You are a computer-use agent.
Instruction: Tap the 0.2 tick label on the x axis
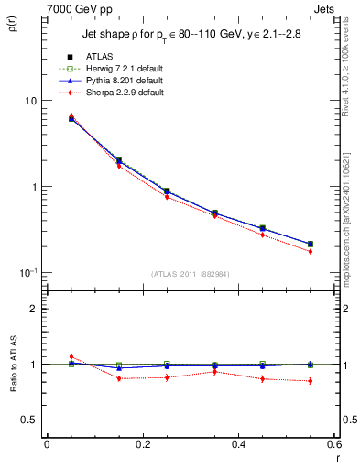click(142, 444)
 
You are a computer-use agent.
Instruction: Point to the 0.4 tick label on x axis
click(238, 444)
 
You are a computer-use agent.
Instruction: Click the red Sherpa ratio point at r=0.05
click(71, 356)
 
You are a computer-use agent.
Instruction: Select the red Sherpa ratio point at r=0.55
click(310, 381)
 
